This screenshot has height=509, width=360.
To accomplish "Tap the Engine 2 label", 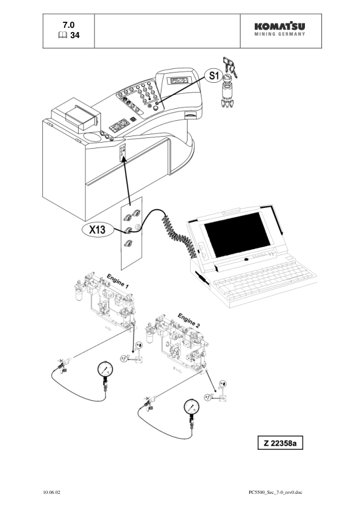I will (188, 321).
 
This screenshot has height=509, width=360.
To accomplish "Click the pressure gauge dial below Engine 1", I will (105, 371).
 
